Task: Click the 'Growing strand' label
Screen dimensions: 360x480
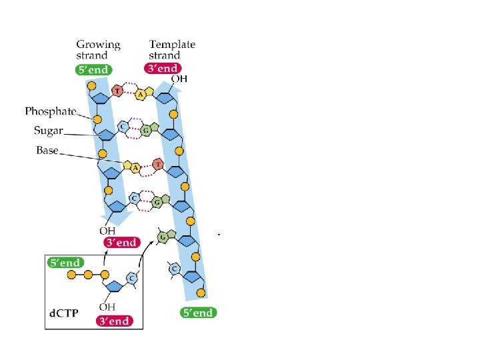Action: tap(98, 50)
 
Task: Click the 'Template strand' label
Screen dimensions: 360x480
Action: tap(171, 50)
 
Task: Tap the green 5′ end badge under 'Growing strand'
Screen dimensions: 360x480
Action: tap(93, 69)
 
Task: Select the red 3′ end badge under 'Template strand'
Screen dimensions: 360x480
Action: tap(163, 69)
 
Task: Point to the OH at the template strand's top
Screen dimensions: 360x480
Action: tap(179, 79)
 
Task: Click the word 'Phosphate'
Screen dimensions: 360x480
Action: tap(51, 111)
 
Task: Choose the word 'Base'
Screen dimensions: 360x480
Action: tap(47, 150)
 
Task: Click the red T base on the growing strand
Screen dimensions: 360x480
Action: tap(117, 91)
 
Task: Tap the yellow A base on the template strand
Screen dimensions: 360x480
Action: tap(141, 95)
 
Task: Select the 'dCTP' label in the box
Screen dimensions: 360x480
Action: tap(65, 312)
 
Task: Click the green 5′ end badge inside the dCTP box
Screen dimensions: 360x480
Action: tap(65, 263)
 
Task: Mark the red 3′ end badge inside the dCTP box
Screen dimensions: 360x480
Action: tap(114, 321)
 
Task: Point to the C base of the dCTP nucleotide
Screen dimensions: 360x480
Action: tap(133, 277)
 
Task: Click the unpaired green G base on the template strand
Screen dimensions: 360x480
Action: tap(162, 236)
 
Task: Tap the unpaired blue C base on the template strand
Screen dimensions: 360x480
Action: tap(174, 269)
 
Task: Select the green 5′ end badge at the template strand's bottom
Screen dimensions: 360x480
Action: tap(198, 312)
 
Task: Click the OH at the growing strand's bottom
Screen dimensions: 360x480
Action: tap(107, 231)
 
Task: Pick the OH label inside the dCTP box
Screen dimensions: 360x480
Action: tap(107, 307)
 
